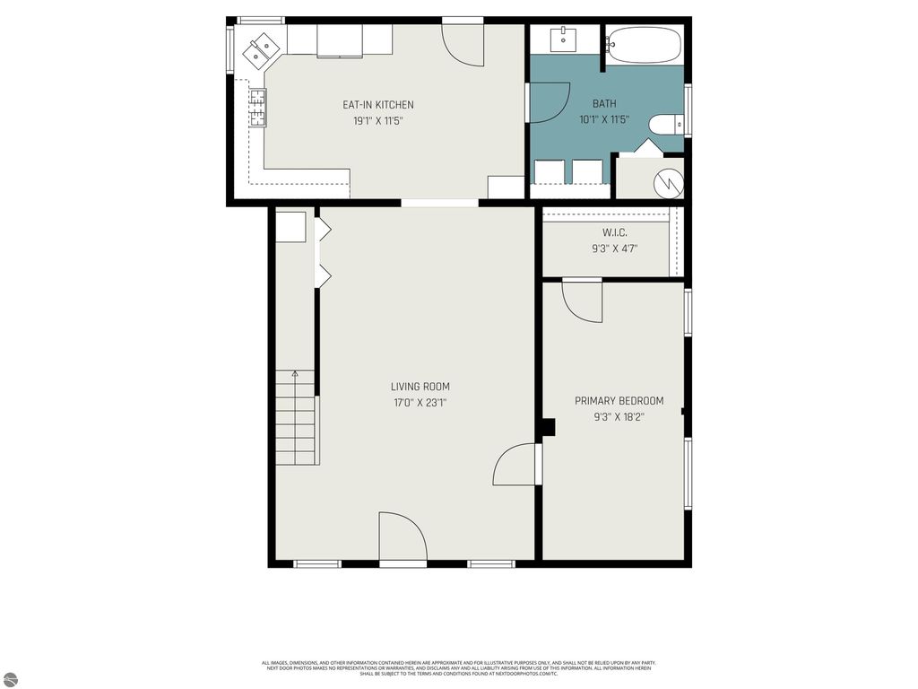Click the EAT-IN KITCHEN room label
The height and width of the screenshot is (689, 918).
click(377, 105)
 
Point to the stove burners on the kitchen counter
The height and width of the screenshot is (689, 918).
click(257, 108)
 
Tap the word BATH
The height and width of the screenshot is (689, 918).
click(604, 104)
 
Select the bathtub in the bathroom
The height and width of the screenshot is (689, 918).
click(644, 44)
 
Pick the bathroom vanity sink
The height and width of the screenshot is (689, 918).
click(564, 39)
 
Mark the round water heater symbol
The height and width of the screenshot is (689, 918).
click(668, 183)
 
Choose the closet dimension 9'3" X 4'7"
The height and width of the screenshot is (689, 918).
click(614, 249)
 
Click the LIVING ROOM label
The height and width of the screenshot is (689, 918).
click(420, 387)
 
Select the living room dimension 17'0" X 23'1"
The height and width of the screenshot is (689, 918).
click(420, 403)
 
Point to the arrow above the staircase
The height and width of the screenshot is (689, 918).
click(295, 374)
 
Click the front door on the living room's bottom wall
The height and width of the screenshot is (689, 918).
click(403, 538)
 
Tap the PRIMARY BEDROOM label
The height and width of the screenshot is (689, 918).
click(619, 401)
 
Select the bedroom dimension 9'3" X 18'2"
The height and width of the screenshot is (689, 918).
click(619, 416)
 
